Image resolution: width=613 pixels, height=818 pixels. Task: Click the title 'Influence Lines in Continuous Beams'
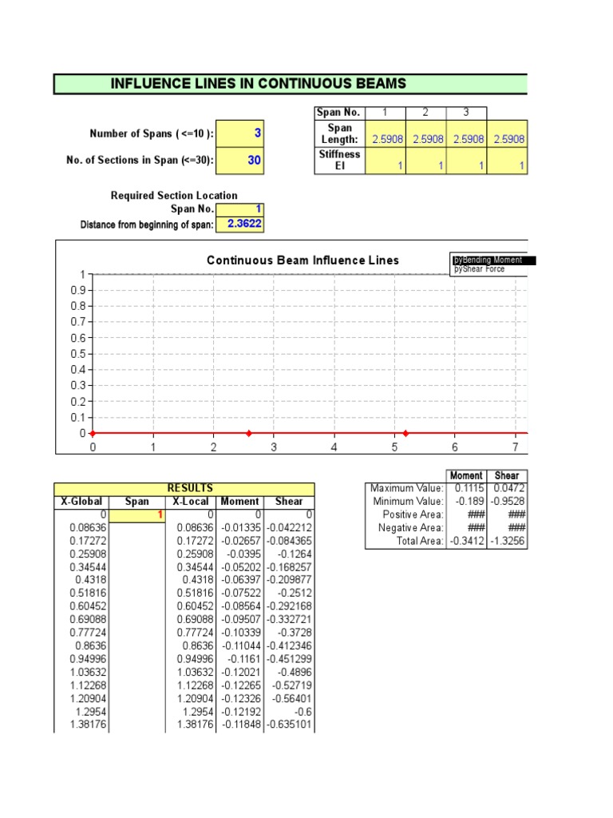258,84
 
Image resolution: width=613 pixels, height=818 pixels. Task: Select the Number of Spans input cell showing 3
240,133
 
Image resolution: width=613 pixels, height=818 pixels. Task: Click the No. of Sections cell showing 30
240,161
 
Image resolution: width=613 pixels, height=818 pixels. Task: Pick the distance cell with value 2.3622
240,224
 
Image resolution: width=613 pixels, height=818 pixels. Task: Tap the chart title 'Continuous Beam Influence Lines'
303,260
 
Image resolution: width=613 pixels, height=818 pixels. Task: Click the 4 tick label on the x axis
334,447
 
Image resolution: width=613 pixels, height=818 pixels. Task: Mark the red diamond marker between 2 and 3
249,433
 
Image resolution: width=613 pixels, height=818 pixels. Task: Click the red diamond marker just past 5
405,433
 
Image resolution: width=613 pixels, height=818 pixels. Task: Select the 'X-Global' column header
81,501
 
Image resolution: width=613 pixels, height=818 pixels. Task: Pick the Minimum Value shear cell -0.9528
508,501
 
